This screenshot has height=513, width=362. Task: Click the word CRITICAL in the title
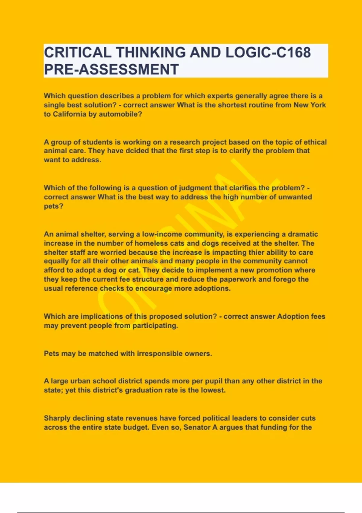77,53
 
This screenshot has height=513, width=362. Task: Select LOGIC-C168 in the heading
268,53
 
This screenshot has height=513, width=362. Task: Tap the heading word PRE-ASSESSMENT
111,69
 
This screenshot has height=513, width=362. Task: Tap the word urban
80,381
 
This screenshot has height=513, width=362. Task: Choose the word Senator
197,428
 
